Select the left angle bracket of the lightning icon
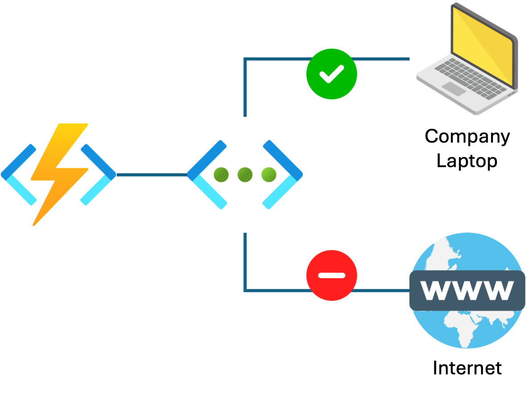click(18, 174)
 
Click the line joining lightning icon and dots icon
click(152, 174)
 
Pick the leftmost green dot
click(221, 175)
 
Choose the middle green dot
click(245, 175)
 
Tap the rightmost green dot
click(269, 175)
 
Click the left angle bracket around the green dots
click(205, 174)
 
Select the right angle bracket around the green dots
click(284, 174)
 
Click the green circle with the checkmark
click(332, 74)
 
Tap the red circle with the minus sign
click(332, 275)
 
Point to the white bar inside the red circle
click(332, 275)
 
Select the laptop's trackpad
click(454, 89)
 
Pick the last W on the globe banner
click(498, 290)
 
